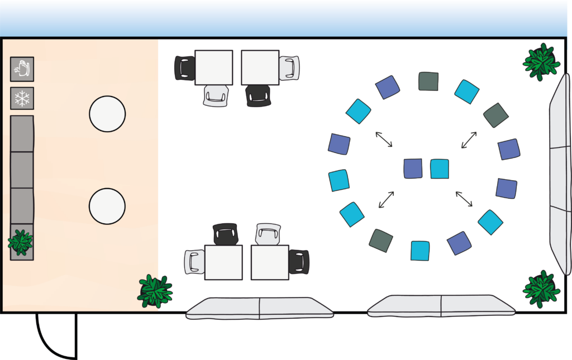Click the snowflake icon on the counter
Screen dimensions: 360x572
(22, 98)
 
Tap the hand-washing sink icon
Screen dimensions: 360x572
(22, 69)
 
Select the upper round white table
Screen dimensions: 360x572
(107, 114)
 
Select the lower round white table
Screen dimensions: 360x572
(107, 206)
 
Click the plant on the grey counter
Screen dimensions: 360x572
(21, 242)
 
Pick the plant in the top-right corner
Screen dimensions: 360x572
(541, 62)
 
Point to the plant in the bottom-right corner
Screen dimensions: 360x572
(541, 289)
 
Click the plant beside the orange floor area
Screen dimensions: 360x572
(155, 291)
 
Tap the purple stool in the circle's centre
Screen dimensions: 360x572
(413, 169)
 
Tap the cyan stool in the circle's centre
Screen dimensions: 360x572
(440, 169)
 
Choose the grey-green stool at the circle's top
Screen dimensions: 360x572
(428, 81)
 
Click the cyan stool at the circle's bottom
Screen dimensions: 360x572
(420, 251)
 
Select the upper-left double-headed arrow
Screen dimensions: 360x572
(384, 139)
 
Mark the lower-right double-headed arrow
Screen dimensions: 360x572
(464, 199)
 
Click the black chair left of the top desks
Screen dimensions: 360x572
(185, 68)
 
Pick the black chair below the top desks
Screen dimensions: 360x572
(258, 95)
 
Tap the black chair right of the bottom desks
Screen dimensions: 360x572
(299, 262)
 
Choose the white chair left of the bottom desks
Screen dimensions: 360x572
(194, 262)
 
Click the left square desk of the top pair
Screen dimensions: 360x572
(213, 68)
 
